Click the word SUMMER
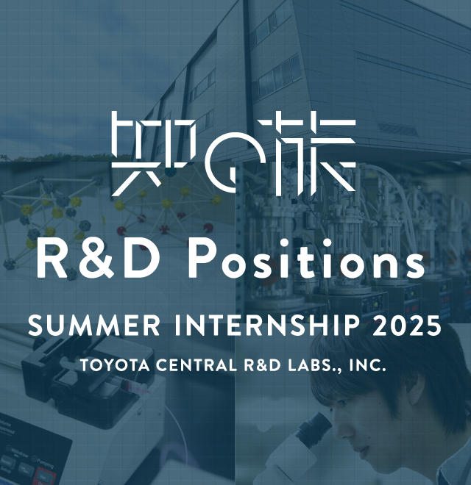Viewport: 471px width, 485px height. pos(94,326)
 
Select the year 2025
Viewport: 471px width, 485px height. pos(406,326)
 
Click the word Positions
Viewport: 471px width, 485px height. pos(306,260)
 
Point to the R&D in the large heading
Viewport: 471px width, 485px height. pos(96,260)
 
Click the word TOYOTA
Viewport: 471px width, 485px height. pos(115,365)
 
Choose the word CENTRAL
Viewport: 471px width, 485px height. pos(196,365)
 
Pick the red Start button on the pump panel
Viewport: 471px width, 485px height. pos(45,476)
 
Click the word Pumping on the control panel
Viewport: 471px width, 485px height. pos(45,462)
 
